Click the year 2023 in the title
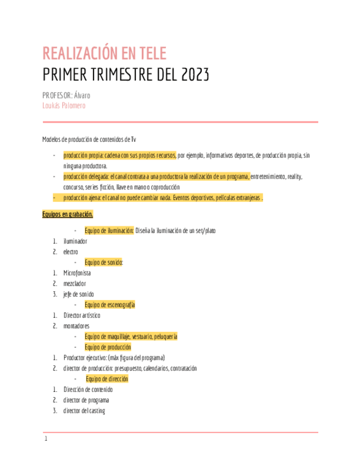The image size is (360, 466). [x=194, y=75]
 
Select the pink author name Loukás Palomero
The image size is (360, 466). [x=64, y=105]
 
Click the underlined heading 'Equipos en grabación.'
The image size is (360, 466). [x=68, y=214]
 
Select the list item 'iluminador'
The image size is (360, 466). [x=75, y=241]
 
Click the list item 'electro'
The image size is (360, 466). [x=71, y=251]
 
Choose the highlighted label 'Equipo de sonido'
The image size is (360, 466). [x=104, y=262]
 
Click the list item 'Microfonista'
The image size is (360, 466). [x=77, y=273]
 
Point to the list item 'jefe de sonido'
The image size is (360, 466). [x=79, y=294]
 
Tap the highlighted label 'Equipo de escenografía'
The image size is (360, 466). [x=110, y=304]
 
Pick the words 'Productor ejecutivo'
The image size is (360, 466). [x=85, y=358]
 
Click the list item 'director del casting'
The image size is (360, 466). [x=84, y=410]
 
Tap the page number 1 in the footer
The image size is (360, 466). [x=47, y=439]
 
